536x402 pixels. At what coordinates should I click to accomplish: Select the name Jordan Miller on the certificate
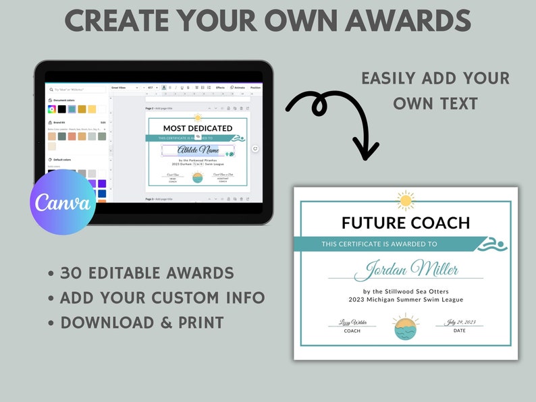click(x=406, y=269)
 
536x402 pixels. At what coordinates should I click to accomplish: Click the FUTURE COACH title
click(x=406, y=223)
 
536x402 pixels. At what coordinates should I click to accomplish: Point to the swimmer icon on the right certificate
click(x=492, y=245)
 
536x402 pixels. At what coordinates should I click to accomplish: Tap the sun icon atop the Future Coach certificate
click(x=406, y=200)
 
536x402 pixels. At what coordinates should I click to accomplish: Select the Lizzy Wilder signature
click(x=352, y=322)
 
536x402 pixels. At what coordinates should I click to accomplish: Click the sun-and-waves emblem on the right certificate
click(x=406, y=326)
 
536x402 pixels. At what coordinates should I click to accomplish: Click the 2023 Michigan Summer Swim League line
click(x=406, y=299)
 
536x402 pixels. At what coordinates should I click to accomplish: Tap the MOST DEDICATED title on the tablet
click(x=198, y=128)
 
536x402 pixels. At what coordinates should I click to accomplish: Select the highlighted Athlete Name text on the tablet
click(x=198, y=150)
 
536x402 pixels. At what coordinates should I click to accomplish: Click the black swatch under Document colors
click(x=62, y=109)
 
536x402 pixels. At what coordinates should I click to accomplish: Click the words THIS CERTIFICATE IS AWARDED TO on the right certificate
click(x=379, y=244)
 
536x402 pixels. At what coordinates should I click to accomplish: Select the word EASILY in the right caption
click(x=388, y=78)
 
